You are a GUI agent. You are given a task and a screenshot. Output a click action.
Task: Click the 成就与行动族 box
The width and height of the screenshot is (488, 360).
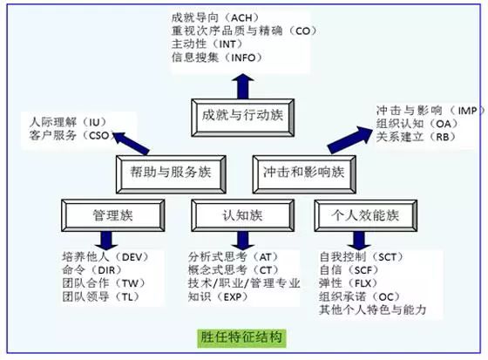pos(243,118)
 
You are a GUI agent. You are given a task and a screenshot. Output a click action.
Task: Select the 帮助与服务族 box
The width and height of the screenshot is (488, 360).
pos(171,174)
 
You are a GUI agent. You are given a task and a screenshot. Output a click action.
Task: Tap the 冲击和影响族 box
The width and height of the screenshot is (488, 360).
pos(304,174)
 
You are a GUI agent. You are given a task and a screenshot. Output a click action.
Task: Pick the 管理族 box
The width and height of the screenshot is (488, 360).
pos(113,215)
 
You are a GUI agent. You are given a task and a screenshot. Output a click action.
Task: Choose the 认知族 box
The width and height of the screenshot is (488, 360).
pos(243,215)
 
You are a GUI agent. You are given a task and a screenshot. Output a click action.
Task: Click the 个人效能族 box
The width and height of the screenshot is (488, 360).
pos(366,215)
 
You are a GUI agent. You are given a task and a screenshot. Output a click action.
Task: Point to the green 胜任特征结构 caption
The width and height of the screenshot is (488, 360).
pos(241,338)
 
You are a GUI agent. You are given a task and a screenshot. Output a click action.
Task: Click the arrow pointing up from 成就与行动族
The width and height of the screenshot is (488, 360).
pos(243,86)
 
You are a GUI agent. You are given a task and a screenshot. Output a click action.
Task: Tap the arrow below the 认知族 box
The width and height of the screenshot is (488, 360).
pos(243,241)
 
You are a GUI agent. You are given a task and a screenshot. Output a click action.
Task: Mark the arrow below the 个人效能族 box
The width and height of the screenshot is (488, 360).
pos(359,241)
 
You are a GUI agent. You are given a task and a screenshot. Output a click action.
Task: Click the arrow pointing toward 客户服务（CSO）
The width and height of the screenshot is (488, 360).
pos(130,143)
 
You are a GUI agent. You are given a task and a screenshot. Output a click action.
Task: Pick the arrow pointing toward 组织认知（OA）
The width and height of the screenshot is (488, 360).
pos(349,139)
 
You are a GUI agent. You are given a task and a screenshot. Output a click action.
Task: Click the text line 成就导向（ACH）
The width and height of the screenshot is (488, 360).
pos(215,17)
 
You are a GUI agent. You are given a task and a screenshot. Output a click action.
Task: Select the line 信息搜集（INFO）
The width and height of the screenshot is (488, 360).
pos(217,58)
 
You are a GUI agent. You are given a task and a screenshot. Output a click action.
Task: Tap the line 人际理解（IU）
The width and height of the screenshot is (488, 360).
pos(68,122)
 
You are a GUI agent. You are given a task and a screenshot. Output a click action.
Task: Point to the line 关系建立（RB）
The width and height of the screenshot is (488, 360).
pos(417,137)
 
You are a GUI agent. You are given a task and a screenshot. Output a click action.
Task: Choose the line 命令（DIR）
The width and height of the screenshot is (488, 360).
pos(91,269)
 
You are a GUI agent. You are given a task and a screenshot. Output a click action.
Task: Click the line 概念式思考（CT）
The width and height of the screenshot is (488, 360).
pos(234,269)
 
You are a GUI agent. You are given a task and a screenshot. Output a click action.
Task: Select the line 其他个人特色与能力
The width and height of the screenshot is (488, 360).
pos(373,309)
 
